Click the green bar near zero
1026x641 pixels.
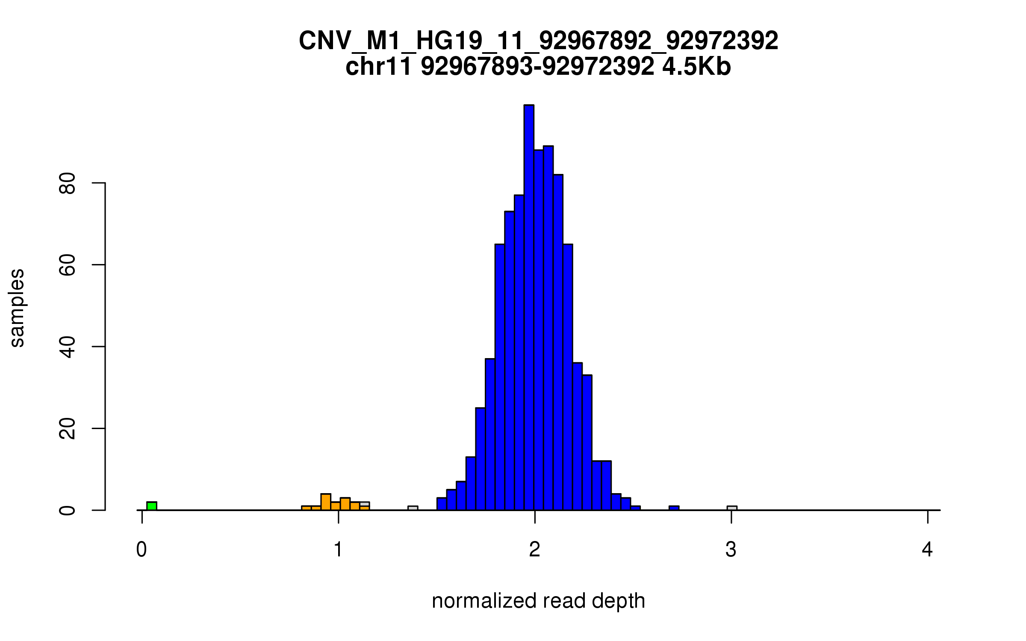152,506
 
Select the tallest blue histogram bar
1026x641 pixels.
529,308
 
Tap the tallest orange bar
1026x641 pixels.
326,502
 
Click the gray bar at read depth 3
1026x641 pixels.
732,508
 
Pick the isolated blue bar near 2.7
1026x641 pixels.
674,508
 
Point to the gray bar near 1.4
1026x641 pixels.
413,508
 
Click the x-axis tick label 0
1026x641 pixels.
142,550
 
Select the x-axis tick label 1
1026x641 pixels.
338,550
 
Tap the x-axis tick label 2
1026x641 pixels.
534,550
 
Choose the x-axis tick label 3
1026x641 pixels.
731,550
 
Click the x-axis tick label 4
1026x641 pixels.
927,550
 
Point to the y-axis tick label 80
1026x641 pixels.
68,183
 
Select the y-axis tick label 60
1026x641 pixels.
68,265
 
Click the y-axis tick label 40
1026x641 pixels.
68,347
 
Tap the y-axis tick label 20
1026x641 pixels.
68,429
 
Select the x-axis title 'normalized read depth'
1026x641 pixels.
538,601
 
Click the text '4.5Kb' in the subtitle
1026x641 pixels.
696,67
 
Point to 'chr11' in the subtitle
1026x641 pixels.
378,67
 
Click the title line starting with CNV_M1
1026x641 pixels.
538,41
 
